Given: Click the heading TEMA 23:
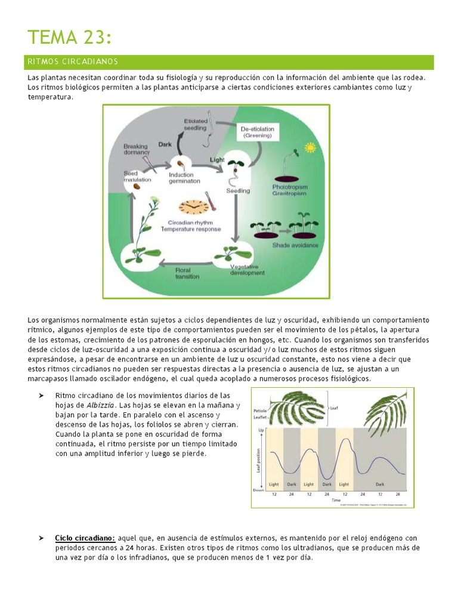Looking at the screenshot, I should [x=69, y=37].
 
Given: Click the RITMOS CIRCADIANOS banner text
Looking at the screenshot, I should [x=73, y=62].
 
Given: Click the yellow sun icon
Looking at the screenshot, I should [x=310, y=147].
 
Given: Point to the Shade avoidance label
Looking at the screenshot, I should [x=295, y=245].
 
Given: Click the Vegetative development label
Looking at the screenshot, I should [x=247, y=270].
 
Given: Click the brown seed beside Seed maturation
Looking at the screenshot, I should [x=137, y=186].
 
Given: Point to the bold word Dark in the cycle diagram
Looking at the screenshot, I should [x=165, y=144].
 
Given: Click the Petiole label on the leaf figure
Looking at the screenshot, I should [x=260, y=411].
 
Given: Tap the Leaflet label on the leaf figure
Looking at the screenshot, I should [x=260, y=418].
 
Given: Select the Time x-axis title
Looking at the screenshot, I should [x=336, y=499].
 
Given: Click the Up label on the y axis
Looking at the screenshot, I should [x=260, y=430].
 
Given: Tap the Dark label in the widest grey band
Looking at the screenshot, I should [x=379, y=485].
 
